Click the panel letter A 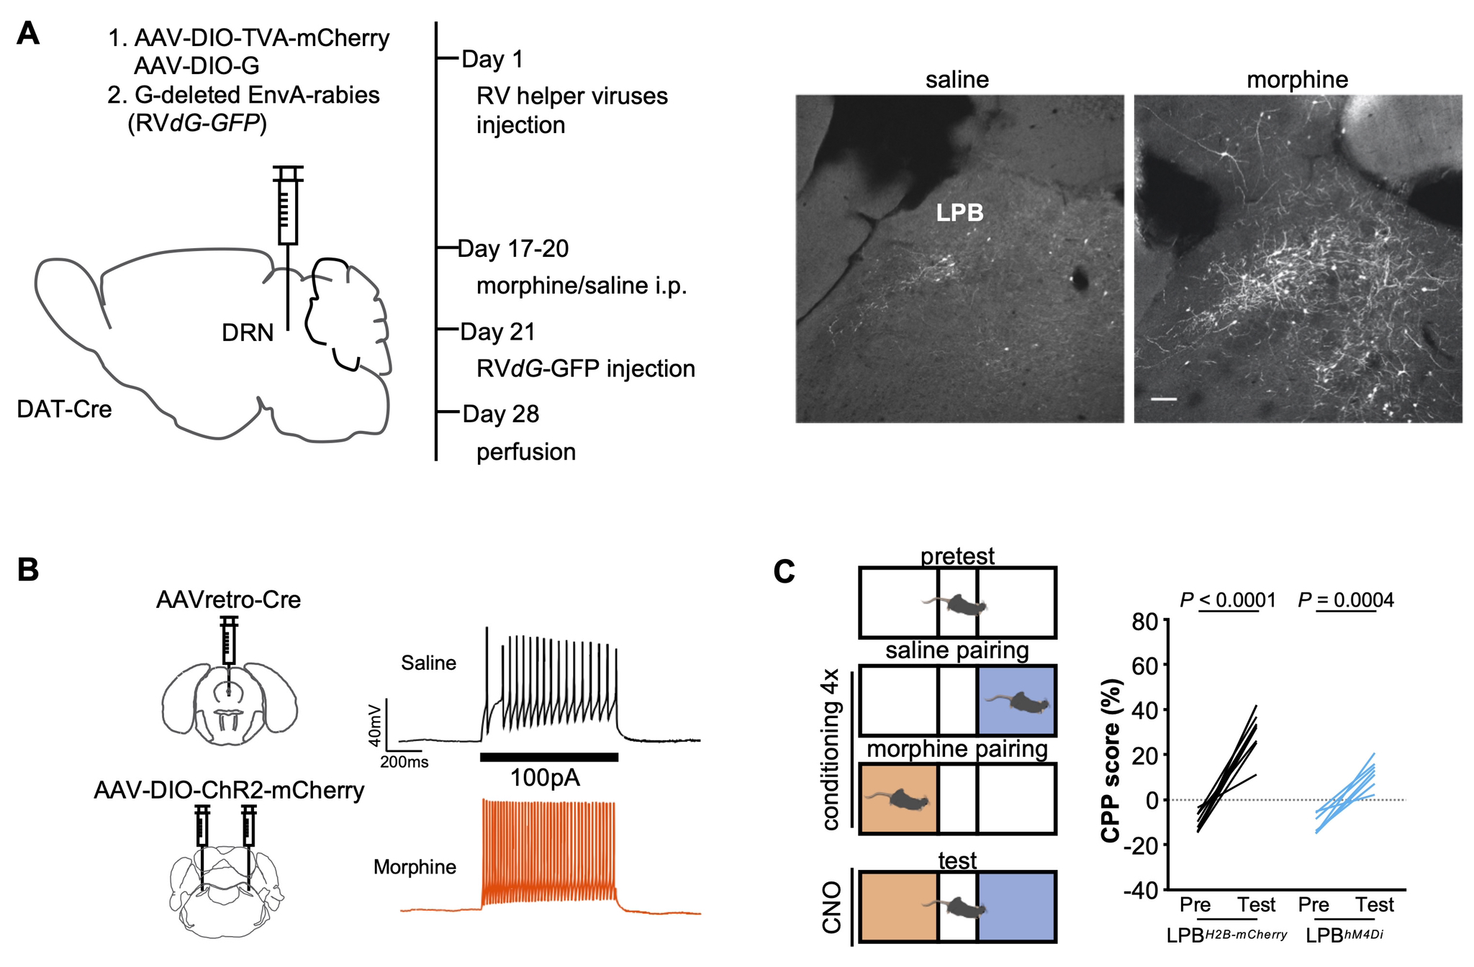coord(28,34)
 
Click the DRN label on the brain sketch coord(248,332)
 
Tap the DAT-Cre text coord(64,409)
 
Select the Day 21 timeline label coord(497,332)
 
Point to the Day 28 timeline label coord(500,414)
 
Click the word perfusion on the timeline coord(525,452)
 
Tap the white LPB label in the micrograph coord(959,212)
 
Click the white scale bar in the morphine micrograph coord(1164,398)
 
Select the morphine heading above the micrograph coord(1297,79)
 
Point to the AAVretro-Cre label coord(228,599)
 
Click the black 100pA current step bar coord(548,756)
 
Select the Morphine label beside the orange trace coord(415,867)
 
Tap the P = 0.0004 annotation coord(1345,600)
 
